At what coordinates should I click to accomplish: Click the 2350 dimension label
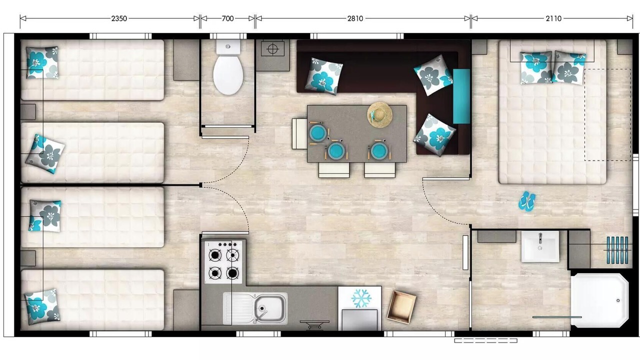click(x=119, y=18)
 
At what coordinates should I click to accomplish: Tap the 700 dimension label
click(x=227, y=18)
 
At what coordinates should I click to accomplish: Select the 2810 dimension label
click(x=355, y=18)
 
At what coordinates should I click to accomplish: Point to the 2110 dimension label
click(x=553, y=18)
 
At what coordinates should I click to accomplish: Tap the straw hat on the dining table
click(x=379, y=115)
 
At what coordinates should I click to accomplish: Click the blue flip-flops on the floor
click(x=527, y=201)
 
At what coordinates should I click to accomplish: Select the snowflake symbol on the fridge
click(x=361, y=298)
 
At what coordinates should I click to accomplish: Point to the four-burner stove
click(x=223, y=261)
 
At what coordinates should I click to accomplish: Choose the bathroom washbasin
click(x=540, y=246)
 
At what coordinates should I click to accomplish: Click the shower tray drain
click(x=618, y=300)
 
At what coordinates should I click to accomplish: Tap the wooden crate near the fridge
click(x=401, y=307)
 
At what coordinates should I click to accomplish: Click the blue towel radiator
click(x=617, y=250)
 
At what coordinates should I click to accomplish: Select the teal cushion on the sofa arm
click(x=461, y=96)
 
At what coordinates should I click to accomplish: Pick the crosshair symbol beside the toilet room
click(x=272, y=49)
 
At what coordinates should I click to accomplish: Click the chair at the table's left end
click(x=299, y=133)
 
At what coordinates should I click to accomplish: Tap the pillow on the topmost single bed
click(x=42, y=62)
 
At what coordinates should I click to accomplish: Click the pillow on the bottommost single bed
click(x=42, y=307)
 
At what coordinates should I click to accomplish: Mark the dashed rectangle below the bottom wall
click(x=485, y=340)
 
